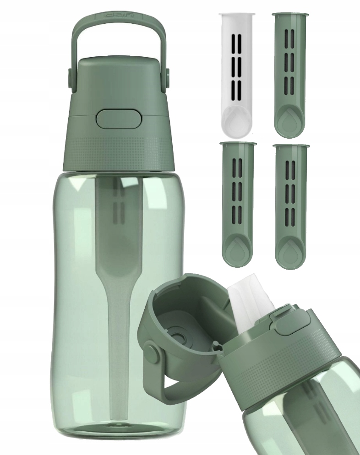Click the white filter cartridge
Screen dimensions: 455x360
pyautogui.click(x=238, y=73)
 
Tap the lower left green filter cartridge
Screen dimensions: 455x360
pyautogui.click(x=238, y=204)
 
